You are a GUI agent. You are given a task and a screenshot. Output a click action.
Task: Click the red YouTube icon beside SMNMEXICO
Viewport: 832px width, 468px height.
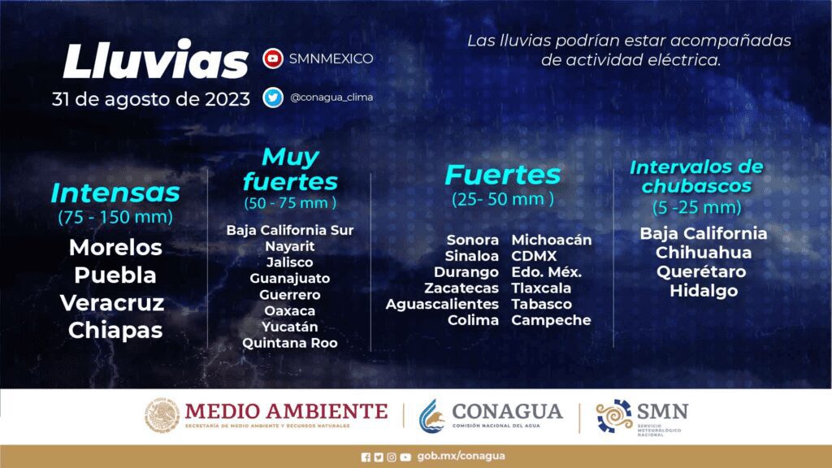(x=273, y=58)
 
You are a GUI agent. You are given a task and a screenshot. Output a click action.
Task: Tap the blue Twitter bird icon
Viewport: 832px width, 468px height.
(x=273, y=97)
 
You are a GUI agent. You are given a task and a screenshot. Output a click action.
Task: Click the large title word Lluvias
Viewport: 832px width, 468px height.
(x=155, y=60)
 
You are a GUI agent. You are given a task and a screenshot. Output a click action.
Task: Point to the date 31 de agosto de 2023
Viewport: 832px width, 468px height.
(x=150, y=99)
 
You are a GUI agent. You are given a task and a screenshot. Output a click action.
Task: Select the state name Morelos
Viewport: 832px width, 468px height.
(x=115, y=247)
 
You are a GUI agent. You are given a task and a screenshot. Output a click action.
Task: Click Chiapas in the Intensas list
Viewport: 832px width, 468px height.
(x=115, y=331)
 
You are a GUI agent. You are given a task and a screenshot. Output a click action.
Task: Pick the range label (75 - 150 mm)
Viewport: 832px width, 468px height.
(x=115, y=217)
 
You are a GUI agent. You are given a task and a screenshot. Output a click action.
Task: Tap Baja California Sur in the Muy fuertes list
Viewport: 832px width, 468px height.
(x=290, y=230)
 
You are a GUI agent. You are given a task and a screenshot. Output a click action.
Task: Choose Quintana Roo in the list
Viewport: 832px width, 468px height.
(x=290, y=344)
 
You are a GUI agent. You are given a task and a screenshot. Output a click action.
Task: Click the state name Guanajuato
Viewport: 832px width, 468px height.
(x=290, y=279)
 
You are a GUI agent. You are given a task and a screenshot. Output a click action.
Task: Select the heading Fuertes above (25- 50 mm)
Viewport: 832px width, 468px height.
(x=502, y=175)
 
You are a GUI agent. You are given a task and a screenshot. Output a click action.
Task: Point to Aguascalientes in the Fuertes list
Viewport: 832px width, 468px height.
(x=442, y=305)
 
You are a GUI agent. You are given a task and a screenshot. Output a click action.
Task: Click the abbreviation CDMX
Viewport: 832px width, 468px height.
(x=535, y=256)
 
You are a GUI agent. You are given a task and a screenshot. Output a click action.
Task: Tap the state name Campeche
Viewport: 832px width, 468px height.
(x=552, y=320)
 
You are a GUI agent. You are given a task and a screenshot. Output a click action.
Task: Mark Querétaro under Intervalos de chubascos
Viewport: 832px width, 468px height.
(x=701, y=271)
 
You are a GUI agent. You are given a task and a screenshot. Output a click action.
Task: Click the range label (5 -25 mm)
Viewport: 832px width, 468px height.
(x=696, y=207)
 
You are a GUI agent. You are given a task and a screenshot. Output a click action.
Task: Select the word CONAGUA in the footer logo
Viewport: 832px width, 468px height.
(x=507, y=411)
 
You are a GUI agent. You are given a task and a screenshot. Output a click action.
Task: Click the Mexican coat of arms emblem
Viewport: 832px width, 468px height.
(x=162, y=415)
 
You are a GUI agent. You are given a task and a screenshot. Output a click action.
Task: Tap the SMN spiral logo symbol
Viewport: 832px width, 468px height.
(x=614, y=415)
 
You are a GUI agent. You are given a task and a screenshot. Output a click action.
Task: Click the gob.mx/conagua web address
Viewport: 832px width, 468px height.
(x=461, y=457)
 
